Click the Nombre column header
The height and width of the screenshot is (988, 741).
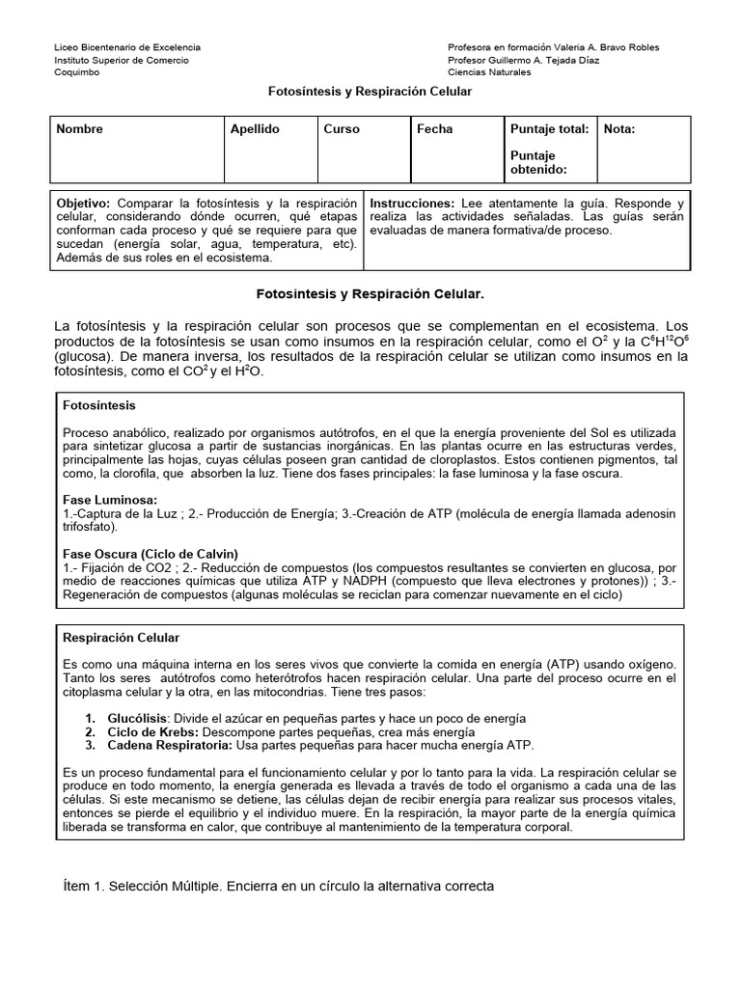(x=80, y=129)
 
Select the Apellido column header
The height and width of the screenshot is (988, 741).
(x=255, y=129)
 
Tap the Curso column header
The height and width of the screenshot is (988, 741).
(x=342, y=129)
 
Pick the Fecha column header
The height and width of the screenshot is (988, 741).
(x=434, y=129)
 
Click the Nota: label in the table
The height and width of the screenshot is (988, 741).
(x=619, y=129)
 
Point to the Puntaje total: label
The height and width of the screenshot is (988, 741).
(x=548, y=129)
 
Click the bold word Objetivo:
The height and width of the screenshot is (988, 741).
(x=85, y=205)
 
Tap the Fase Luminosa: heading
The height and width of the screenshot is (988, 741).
(x=109, y=501)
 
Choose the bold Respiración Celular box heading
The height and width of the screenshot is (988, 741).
(x=121, y=639)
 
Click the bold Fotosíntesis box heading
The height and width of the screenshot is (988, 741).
(x=99, y=406)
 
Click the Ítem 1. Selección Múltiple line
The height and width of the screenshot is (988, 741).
(x=278, y=886)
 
